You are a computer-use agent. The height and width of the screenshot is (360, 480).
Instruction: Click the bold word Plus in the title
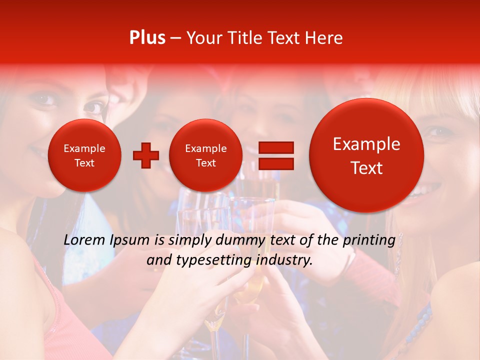coord(147,38)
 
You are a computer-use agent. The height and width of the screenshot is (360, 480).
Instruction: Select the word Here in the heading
coord(324,38)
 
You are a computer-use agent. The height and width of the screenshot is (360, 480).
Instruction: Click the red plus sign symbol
coord(145,155)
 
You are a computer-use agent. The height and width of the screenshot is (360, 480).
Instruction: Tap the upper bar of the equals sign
coord(275,147)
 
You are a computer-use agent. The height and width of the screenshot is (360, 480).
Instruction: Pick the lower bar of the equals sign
coord(275,163)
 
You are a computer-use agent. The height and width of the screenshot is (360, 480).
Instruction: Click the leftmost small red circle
coord(84,155)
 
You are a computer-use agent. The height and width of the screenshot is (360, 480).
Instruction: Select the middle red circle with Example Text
coord(205,155)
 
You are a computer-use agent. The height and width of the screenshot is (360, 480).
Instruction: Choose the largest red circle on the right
coord(366,155)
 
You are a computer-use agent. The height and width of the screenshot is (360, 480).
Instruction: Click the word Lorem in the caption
coord(84,240)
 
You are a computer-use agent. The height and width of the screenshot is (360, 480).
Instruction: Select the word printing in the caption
coord(369,240)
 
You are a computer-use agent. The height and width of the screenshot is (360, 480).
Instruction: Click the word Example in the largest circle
coord(366,144)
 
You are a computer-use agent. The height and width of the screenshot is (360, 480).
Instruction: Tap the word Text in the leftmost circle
coord(84,163)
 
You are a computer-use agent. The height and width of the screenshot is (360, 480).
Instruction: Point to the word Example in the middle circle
coord(205,148)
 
